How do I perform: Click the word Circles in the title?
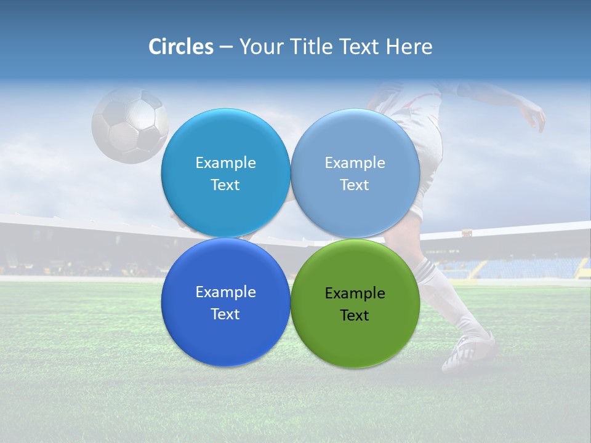click(x=181, y=47)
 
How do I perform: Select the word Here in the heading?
click(x=409, y=47)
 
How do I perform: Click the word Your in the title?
click(x=260, y=47)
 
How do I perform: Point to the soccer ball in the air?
click(x=130, y=125)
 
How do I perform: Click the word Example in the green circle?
click(x=355, y=293)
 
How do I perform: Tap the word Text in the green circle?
click(x=355, y=316)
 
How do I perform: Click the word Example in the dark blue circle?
click(x=225, y=292)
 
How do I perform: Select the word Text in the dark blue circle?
click(x=225, y=314)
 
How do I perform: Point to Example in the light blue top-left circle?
click(x=225, y=163)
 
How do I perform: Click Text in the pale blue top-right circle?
click(x=355, y=185)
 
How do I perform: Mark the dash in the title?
click(x=226, y=47)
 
